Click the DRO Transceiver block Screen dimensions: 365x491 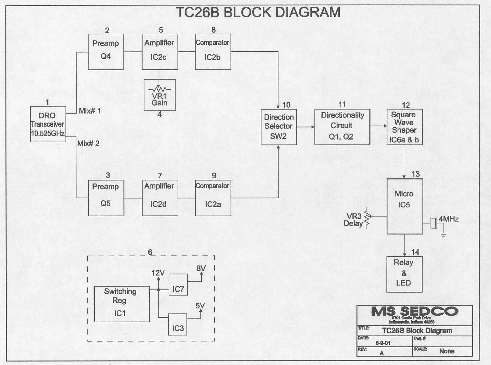click(48, 124)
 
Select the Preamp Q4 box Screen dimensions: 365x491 click(106, 52)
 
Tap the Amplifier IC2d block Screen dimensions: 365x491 click(160, 198)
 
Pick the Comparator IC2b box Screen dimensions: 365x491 click(213, 52)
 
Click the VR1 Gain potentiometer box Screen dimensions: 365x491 click(160, 95)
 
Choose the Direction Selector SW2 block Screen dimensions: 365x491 click(279, 127)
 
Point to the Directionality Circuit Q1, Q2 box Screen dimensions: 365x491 click(342, 127)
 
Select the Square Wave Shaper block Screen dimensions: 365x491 click(404, 127)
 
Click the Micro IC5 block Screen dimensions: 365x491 click(405, 206)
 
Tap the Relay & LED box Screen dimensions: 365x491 click(404, 274)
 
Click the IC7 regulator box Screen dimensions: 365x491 click(178, 284)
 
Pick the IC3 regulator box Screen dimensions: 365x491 click(177, 324)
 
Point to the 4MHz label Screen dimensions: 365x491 click(448, 219)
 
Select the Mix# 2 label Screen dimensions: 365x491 click(88, 144)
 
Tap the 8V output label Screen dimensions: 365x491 click(201, 268)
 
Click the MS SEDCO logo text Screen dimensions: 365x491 click(414, 312)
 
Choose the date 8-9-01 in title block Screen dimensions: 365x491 click(383, 343)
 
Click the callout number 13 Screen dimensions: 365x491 click(415, 174)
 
